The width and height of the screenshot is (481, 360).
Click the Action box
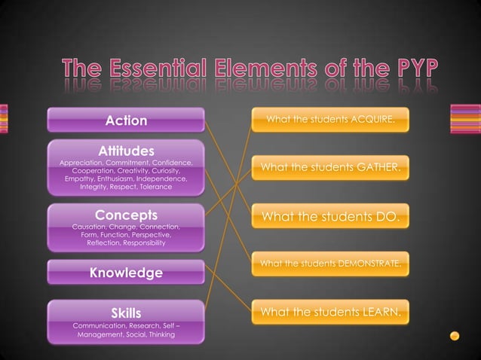(x=126, y=121)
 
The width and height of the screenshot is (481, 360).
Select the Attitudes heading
(x=126, y=151)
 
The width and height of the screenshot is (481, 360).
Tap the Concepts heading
(x=126, y=215)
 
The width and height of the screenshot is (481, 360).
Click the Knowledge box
(x=126, y=272)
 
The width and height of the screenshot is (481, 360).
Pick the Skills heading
(x=126, y=312)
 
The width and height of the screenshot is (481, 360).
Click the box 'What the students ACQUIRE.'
(x=330, y=120)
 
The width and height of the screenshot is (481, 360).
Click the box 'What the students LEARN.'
(x=330, y=311)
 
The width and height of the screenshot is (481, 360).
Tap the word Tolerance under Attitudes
(x=154, y=187)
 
